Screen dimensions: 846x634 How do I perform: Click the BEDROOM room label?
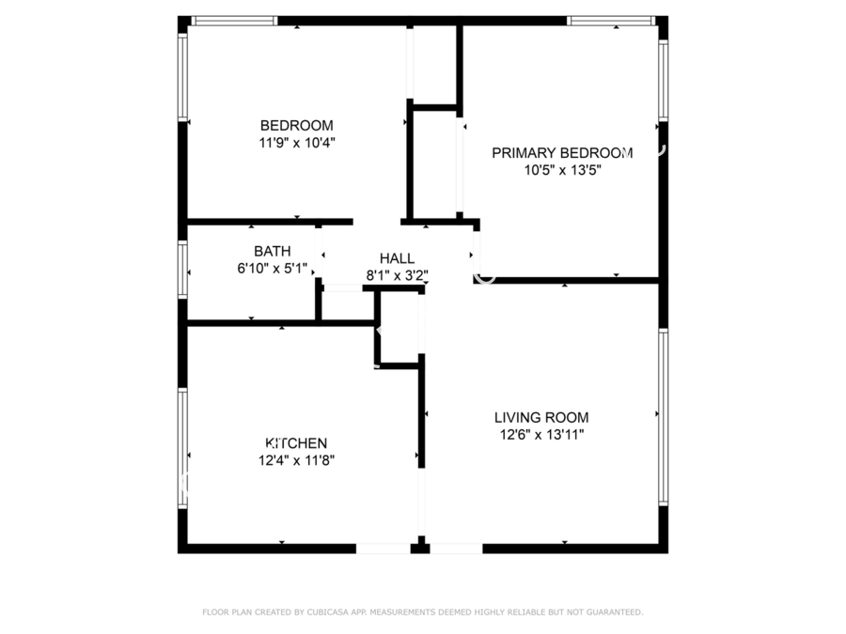(297, 126)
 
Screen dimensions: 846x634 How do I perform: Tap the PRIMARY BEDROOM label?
(562, 153)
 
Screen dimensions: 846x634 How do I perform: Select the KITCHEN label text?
(296, 443)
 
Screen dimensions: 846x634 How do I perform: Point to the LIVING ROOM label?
(541, 417)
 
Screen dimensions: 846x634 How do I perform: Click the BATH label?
(273, 251)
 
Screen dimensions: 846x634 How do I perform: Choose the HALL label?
(397, 258)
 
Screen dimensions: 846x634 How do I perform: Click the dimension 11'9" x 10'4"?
(297, 143)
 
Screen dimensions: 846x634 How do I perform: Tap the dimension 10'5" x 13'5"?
(563, 170)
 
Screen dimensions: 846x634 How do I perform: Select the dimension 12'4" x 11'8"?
(296, 460)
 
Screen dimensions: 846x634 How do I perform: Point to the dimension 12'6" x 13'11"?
(541, 435)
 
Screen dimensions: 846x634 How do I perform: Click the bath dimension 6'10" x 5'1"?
(273, 268)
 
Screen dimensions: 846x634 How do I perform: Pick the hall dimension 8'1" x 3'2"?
(397, 275)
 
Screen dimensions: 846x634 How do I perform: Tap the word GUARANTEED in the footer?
(614, 611)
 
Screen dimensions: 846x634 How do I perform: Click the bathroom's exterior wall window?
(183, 269)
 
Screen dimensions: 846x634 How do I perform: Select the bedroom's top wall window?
(234, 21)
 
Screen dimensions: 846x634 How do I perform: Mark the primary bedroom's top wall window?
(611, 21)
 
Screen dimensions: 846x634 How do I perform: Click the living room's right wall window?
(663, 417)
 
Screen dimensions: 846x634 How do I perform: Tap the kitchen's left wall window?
(183, 448)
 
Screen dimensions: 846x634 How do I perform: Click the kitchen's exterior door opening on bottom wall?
(384, 549)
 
